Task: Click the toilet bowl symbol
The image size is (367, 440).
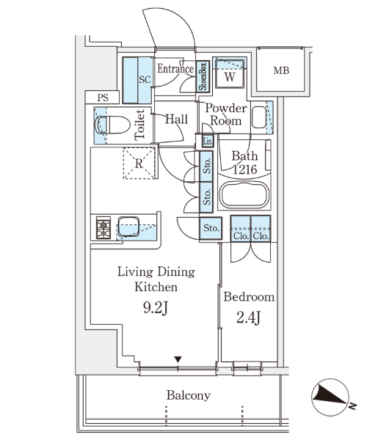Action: (x=112, y=125)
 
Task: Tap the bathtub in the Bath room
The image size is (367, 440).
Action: (x=244, y=194)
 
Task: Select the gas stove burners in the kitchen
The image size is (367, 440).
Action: (x=103, y=227)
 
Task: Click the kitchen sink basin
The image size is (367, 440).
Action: (x=128, y=227)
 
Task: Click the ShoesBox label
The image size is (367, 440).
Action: (x=203, y=76)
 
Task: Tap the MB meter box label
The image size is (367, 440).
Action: (x=281, y=70)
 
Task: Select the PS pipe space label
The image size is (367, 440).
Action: (x=103, y=98)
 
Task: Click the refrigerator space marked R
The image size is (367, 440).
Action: (x=139, y=163)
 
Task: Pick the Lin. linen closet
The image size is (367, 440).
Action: (x=208, y=141)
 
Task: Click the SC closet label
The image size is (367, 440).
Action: (x=145, y=80)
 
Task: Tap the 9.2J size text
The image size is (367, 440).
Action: (x=156, y=308)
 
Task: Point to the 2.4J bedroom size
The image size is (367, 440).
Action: (x=249, y=318)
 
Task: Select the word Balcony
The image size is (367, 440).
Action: (x=189, y=395)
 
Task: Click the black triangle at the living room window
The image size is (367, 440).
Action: (x=178, y=359)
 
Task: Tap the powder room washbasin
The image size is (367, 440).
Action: (x=259, y=117)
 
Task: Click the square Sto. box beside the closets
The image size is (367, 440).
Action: (x=211, y=228)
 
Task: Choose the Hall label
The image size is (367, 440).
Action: (x=176, y=119)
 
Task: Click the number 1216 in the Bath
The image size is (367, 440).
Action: (x=244, y=169)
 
